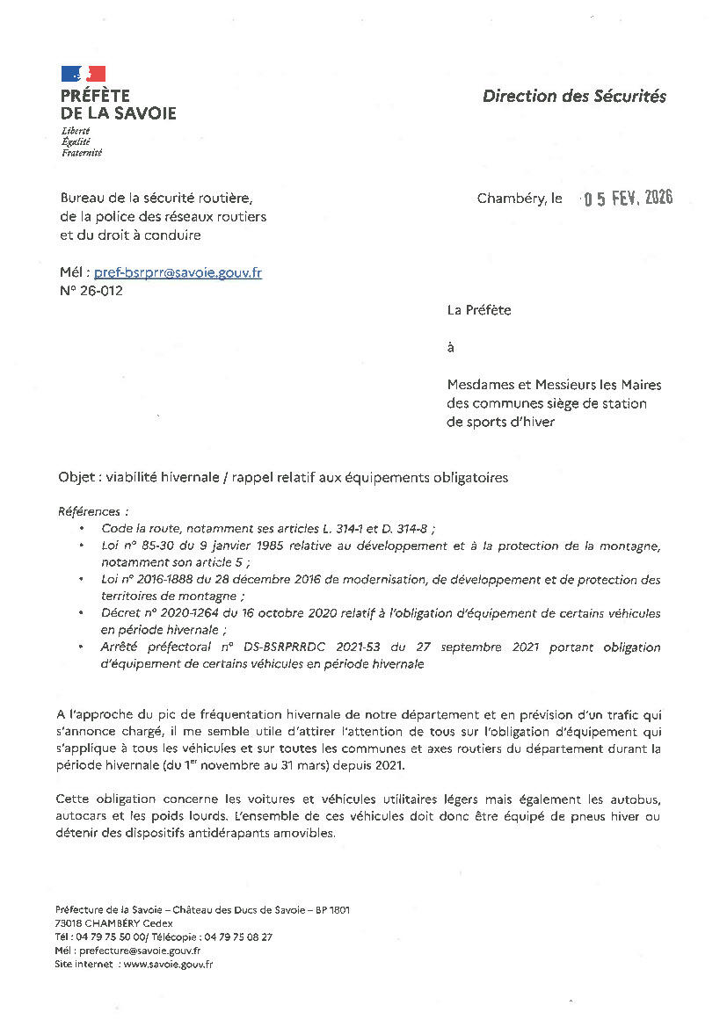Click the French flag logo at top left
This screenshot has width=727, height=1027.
[84, 74]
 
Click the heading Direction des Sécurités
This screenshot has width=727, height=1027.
[574, 97]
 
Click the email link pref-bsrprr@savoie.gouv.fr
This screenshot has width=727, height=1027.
[190, 272]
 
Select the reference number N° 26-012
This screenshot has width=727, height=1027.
[91, 291]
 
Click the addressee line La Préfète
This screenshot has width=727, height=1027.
[478, 309]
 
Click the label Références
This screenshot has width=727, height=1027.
[92, 510]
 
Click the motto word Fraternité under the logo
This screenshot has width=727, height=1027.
[82, 153]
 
